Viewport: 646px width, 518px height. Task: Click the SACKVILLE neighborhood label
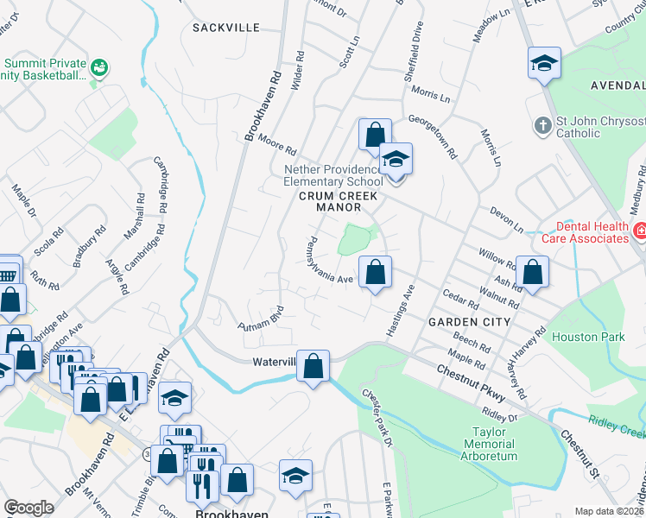pos(225,28)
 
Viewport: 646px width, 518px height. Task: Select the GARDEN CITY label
pos(469,321)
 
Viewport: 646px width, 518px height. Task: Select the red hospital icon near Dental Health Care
pos(640,231)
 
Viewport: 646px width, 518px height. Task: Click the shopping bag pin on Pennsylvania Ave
pos(375,274)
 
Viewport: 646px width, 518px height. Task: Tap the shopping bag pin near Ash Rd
pos(534,272)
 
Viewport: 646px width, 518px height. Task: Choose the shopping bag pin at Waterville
pos(313,367)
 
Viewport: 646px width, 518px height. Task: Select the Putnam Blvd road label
pos(261,319)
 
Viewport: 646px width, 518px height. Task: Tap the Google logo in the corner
pos(28,508)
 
